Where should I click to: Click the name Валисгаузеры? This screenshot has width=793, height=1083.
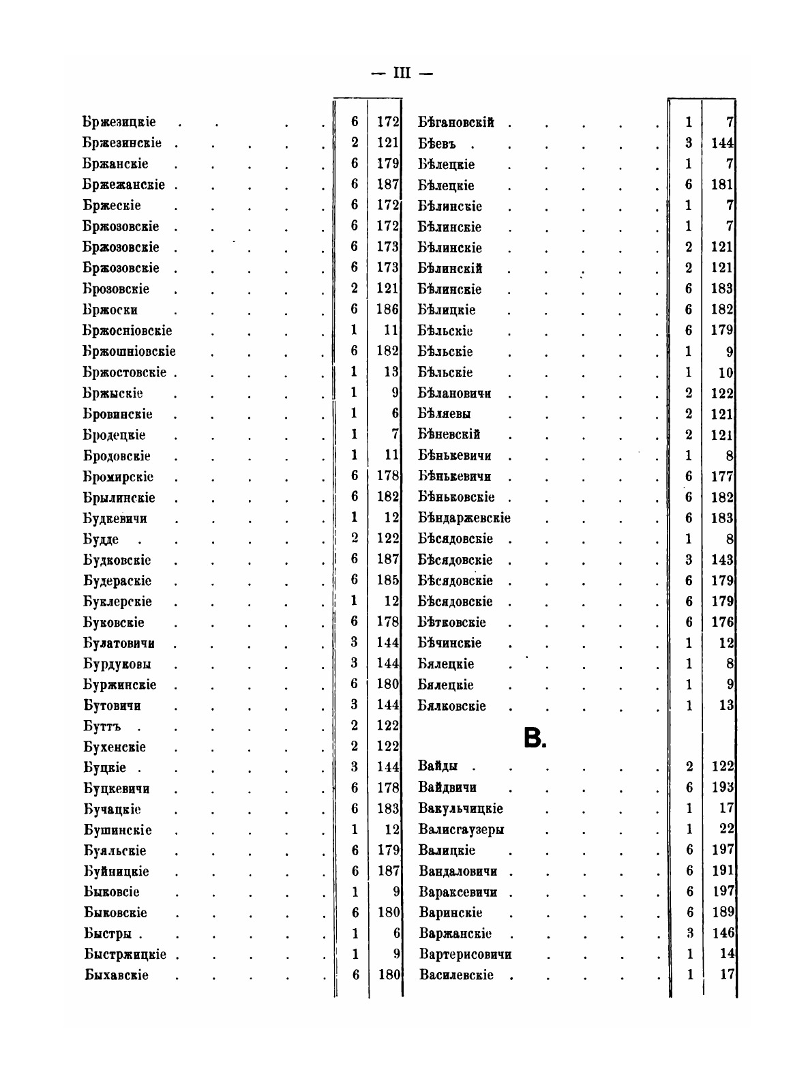[x=462, y=830]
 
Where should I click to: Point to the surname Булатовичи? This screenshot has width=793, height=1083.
[x=119, y=643]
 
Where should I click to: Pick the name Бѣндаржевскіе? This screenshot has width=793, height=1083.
[x=464, y=518]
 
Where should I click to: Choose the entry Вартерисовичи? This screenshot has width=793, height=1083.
[x=466, y=954]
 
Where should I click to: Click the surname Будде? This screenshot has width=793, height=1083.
[x=101, y=539]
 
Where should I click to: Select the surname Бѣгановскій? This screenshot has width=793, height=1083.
[x=455, y=123]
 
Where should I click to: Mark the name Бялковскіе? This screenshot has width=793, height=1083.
[x=452, y=706]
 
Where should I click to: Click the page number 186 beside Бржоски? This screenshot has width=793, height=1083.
[x=387, y=310]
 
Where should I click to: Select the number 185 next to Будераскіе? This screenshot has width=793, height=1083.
[x=387, y=581]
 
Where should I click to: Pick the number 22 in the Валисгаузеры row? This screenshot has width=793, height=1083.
[x=725, y=829]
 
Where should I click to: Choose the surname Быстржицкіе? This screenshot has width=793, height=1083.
[x=125, y=954]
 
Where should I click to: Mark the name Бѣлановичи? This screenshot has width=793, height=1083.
[x=455, y=394]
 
